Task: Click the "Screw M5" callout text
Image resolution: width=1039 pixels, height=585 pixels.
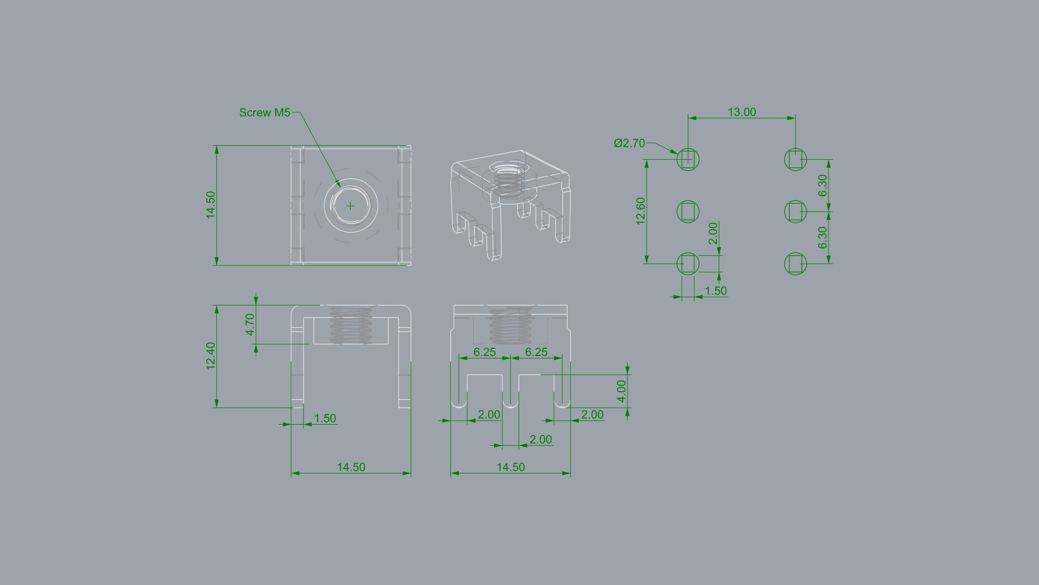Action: coord(265,113)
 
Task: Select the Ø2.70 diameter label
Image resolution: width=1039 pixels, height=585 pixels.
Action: coord(629,143)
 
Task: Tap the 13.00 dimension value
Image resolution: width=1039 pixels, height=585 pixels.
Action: coord(742,112)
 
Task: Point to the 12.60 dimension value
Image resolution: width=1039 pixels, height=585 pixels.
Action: coord(641,211)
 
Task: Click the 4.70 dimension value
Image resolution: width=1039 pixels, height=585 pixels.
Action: coord(250,324)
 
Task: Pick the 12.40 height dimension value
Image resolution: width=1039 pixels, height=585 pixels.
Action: coord(211,356)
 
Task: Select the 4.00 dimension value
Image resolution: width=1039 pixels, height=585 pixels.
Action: coord(621,391)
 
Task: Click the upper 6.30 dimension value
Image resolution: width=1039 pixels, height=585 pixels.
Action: coord(823,186)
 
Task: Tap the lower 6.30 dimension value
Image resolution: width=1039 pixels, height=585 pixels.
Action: coord(823,238)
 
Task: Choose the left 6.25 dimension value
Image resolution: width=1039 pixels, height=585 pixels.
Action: coord(485,352)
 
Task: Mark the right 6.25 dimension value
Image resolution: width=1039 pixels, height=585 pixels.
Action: coord(537,352)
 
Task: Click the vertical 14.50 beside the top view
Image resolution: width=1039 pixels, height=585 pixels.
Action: coord(211,205)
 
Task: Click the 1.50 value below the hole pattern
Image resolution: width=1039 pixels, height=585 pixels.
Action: coord(716,291)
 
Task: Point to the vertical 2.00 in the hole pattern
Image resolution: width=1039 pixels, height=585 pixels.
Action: coord(713,233)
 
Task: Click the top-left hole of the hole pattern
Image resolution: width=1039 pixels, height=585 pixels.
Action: coord(688,159)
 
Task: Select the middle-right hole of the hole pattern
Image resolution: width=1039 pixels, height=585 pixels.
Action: coord(795,211)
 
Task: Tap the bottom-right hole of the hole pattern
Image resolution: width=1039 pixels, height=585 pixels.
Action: coord(795,264)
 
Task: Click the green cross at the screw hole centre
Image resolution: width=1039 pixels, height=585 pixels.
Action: coord(351,206)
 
